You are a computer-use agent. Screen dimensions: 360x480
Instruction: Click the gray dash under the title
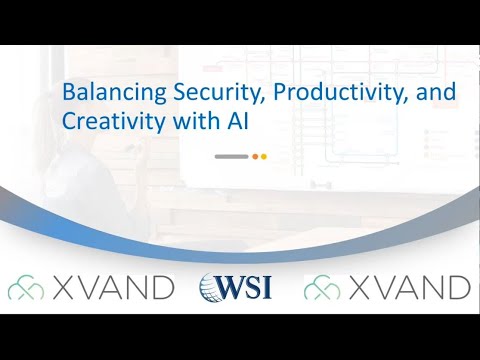[231, 156]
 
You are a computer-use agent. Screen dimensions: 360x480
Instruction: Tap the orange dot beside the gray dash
[254, 156]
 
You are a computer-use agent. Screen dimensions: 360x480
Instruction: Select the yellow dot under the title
[263, 156]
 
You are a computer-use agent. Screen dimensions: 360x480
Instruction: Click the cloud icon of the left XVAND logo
[25, 288]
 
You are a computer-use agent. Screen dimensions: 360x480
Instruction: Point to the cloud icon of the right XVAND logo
[321, 288]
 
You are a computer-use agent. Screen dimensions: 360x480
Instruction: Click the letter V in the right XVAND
[381, 288]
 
